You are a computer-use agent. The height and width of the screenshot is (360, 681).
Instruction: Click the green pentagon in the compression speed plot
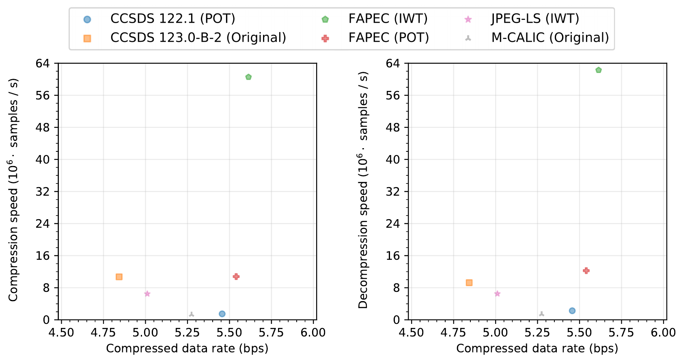tap(248, 77)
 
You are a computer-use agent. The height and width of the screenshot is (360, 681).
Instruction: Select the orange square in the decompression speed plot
tap(469, 282)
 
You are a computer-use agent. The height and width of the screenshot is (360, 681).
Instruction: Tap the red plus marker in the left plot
tap(236, 276)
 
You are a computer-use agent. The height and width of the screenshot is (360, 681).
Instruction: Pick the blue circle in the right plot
tap(572, 310)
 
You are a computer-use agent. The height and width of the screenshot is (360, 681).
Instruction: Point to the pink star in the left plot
tap(147, 294)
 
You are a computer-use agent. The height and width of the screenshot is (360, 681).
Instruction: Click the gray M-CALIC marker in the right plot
tap(541, 314)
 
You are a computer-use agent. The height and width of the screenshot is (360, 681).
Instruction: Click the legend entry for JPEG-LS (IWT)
tap(534, 19)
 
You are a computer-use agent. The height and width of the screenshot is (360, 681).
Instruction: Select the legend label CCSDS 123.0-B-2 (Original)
tap(198, 38)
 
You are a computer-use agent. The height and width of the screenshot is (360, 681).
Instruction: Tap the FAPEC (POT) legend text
tap(388, 38)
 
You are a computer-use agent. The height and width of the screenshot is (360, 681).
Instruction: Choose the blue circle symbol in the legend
tap(87, 19)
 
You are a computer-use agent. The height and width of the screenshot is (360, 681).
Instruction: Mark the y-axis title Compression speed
tap(13, 190)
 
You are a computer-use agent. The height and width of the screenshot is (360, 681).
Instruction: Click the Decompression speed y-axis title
tap(363, 190)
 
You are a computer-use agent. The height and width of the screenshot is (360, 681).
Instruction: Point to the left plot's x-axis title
tap(187, 348)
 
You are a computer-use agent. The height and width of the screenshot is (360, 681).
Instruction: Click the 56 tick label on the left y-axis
tap(42, 95)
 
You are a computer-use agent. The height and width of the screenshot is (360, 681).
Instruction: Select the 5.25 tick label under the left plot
tap(187, 332)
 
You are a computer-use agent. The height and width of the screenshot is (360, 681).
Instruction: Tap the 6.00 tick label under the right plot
tap(663, 332)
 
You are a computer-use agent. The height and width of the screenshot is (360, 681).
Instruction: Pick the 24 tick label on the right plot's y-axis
tap(392, 224)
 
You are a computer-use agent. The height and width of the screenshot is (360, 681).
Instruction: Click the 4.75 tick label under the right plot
tap(453, 332)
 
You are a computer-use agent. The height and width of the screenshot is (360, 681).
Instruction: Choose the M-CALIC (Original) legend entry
tap(550, 38)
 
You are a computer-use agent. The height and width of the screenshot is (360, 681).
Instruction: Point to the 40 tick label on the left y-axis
tap(42, 160)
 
